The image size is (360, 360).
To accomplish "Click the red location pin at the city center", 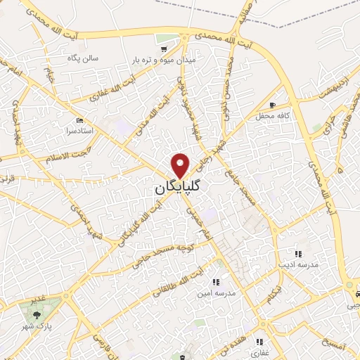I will [x=181, y=165].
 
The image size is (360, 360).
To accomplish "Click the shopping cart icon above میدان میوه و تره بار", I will [x=163, y=49].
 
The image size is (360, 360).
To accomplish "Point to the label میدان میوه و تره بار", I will [x=164, y=61].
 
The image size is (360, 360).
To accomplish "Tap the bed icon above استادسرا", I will [x=79, y=120].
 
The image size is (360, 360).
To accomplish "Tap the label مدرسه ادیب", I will [x=299, y=265].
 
